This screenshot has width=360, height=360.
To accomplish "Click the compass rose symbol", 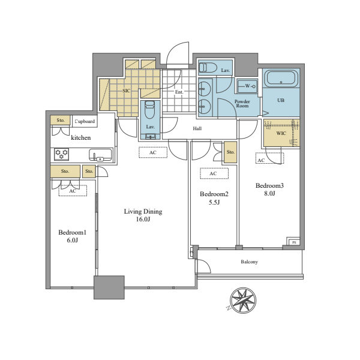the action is point(243,301).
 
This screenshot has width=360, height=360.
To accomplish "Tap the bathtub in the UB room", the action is point(281,79).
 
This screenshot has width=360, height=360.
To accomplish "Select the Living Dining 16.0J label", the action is point(143,215).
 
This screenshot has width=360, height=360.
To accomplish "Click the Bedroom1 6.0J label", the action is point(73,236).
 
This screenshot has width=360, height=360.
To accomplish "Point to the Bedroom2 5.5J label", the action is point(214,198).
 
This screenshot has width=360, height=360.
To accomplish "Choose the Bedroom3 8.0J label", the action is point(269,189).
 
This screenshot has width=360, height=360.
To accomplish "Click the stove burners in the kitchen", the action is point(62,154).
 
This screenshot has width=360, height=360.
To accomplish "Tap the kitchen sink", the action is point(100,155).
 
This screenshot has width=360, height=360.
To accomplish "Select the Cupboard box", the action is point(85,121).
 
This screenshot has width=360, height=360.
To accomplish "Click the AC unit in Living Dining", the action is point(153,152).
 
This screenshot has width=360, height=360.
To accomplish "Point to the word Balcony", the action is point(250,262).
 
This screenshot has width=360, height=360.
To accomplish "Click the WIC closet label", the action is point(281,133).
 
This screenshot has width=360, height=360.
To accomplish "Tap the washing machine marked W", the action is point(247,86).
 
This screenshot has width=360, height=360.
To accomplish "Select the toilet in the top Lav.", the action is point(208,68).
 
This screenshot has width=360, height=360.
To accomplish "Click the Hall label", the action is point(197,128).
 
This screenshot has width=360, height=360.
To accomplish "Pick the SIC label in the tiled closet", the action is point(126,91).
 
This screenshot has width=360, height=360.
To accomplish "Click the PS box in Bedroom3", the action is point(293,242).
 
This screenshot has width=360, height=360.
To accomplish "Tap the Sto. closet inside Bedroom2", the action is point(230,152).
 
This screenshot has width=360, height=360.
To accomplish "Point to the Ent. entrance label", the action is point(179,92).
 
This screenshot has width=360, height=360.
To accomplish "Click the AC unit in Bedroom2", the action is point(214,173).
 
